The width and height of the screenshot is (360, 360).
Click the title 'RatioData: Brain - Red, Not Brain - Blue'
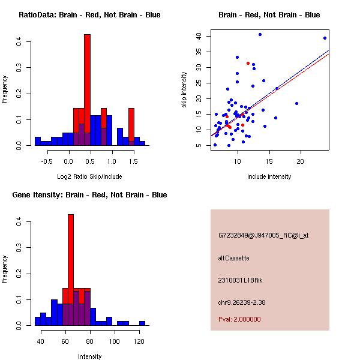pos(89,15)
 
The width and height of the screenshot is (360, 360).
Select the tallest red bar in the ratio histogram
pos(87,90)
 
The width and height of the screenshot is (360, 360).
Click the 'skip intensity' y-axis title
pos(186,88)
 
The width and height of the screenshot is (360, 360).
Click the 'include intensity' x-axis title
pos(269,176)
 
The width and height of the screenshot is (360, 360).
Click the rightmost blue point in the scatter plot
pos(325,38)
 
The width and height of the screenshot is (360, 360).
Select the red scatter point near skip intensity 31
pos(248,63)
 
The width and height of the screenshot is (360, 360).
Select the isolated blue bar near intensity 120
pos(142,323)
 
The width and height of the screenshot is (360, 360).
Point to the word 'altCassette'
pos(233,258)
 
